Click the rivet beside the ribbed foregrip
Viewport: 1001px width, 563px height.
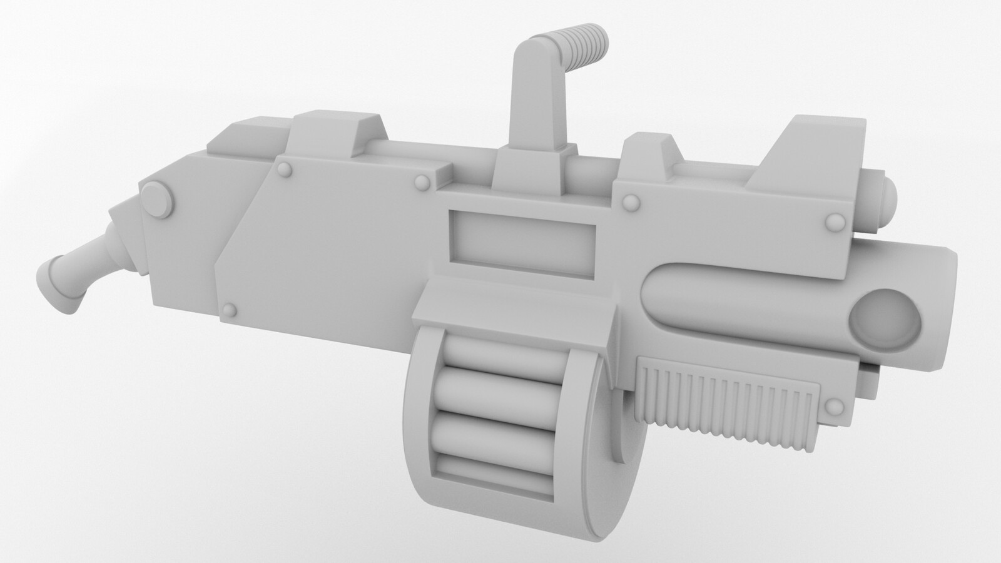[x=833, y=408]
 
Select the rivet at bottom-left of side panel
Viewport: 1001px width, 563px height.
[x=231, y=309]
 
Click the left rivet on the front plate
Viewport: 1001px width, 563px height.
[x=630, y=201]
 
